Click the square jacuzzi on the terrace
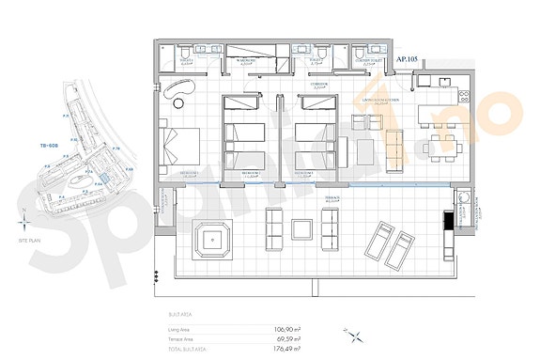(214, 240)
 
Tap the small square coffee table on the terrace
(302, 228)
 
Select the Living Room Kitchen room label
(382, 100)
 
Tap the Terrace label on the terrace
(331, 198)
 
